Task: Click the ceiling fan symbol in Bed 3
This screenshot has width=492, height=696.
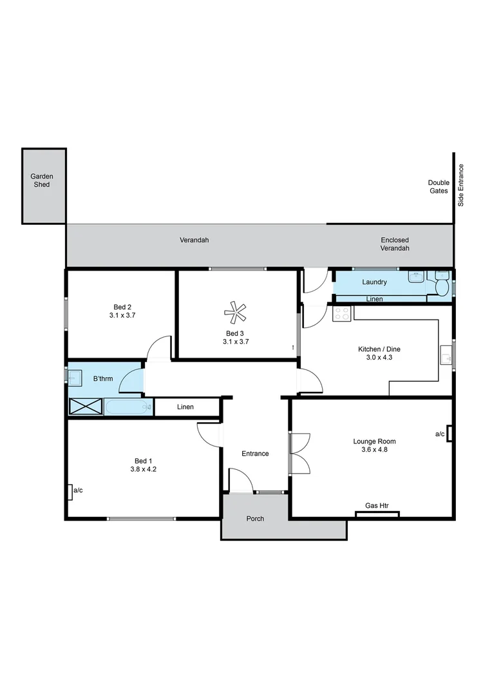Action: tap(235, 314)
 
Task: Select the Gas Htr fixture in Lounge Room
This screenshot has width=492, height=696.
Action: tap(377, 514)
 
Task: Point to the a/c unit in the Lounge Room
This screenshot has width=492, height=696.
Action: tap(449, 434)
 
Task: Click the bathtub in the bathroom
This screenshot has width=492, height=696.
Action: tap(128, 407)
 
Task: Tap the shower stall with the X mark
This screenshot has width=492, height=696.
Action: tap(86, 407)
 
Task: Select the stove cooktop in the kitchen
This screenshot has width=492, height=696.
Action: tap(342, 314)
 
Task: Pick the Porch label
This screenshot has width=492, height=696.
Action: tap(255, 518)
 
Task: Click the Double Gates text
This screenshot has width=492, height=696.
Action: tap(439, 187)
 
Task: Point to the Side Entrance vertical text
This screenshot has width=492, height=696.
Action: tap(460, 186)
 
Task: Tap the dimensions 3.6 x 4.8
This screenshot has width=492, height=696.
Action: tap(374, 450)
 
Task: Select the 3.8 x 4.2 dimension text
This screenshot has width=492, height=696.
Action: tap(143, 469)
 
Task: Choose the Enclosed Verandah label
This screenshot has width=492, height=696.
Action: tap(394, 244)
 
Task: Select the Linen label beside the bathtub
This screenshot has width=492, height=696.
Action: tap(185, 407)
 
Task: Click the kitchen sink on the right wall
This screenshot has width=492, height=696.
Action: tap(446, 355)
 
